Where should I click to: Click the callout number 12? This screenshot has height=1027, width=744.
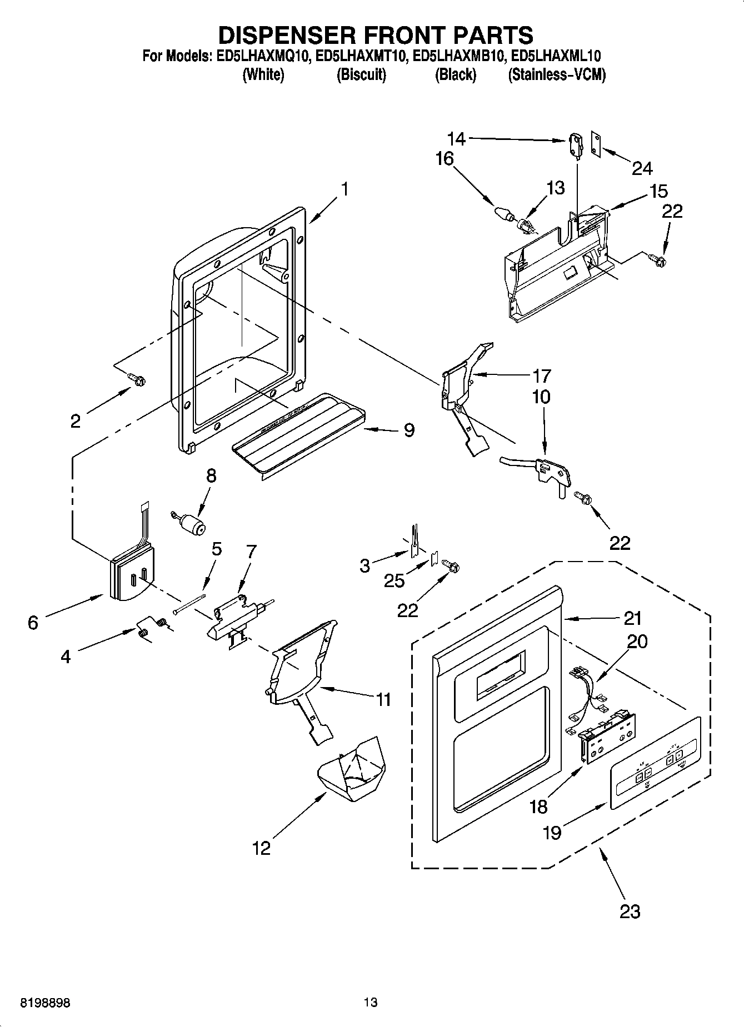click(261, 848)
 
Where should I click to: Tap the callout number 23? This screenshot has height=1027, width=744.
click(630, 911)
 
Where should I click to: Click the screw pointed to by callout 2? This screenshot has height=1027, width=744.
click(137, 379)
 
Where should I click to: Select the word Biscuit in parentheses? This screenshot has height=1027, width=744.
click(361, 75)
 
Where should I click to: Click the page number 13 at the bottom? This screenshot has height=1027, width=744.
click(371, 1003)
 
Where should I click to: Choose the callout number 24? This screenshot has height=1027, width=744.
click(642, 168)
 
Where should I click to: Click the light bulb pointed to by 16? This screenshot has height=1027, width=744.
click(502, 213)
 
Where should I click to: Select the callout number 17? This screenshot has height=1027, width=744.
click(542, 376)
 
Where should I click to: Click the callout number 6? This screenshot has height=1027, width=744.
click(33, 623)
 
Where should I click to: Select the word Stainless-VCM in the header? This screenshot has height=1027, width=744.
click(557, 75)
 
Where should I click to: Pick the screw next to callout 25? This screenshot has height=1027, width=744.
click(451, 566)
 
